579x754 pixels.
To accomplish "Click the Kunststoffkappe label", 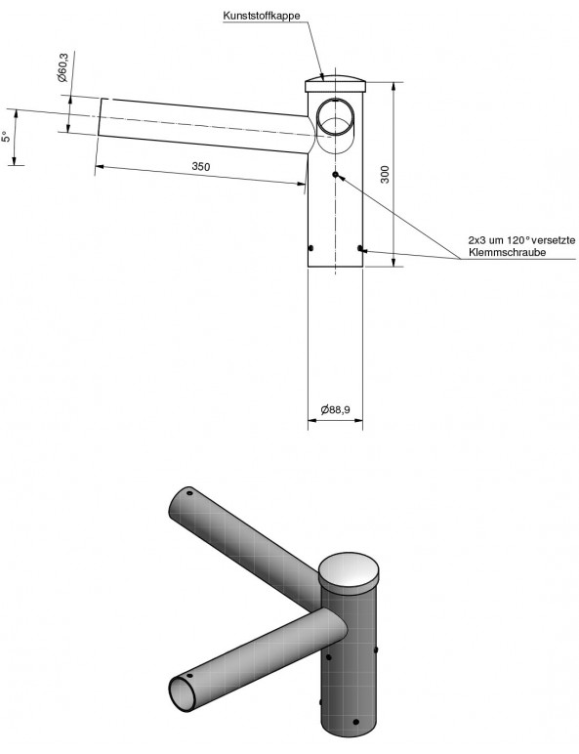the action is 262,16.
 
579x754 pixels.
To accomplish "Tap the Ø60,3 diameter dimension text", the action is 63,67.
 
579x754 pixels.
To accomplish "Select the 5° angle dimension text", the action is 6,137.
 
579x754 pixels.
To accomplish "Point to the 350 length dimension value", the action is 201,166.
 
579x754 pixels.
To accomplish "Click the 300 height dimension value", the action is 385,174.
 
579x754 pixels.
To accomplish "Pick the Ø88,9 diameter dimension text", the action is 335,409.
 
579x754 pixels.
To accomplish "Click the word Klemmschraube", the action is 508,252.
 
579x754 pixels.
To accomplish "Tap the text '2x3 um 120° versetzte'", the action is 521,239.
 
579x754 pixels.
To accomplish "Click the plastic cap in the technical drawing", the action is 336,84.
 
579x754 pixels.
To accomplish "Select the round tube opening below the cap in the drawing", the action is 335,117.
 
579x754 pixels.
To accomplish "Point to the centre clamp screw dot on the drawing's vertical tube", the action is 335,174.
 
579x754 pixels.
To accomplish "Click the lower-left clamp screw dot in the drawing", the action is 310,248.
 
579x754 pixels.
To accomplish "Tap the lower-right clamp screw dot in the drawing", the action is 360,248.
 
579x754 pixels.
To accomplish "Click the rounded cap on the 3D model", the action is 349,570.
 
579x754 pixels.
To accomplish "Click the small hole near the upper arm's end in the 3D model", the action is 189,493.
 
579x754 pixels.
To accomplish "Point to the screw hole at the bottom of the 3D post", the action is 355,722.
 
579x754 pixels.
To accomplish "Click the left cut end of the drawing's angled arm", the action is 100,117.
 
